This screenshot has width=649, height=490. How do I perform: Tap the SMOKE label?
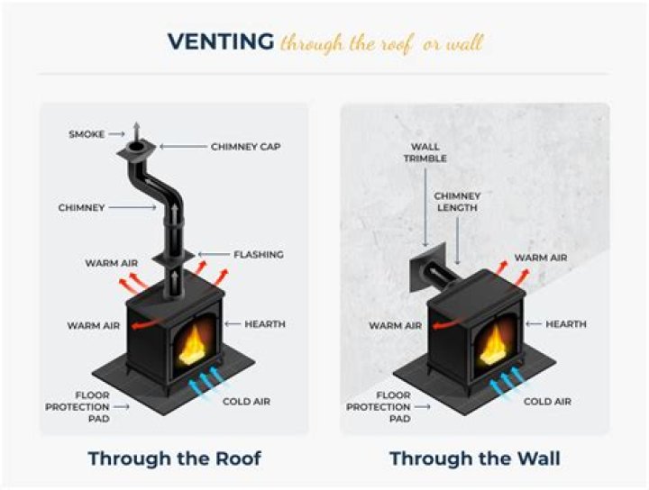click(x=87, y=134)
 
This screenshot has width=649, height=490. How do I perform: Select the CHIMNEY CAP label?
click(x=245, y=146)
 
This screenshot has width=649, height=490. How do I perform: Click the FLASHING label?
click(x=259, y=255)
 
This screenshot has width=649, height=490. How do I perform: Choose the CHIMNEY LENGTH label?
click(x=457, y=202)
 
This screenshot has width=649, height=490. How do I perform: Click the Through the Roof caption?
click(x=174, y=458)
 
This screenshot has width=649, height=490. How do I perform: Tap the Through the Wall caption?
click(x=474, y=458)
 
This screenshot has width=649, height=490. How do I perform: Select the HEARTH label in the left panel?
click(x=265, y=324)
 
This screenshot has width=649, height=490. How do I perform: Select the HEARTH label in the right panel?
click(x=566, y=324)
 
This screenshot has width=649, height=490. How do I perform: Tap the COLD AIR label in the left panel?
click(x=247, y=402)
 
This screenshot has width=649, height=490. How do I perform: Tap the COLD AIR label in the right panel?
click(x=548, y=402)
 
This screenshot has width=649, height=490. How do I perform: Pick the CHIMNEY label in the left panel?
click(x=81, y=208)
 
